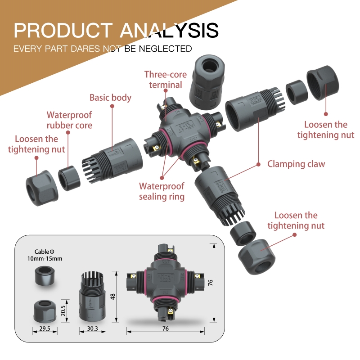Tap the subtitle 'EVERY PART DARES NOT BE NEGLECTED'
click(103, 49)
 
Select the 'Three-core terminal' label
click(163, 79)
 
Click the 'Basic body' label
click(110, 97)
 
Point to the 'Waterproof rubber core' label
click(69, 120)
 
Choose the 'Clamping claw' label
click(296, 164)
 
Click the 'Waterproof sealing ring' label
click(162, 191)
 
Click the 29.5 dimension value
click(45, 329)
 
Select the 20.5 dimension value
click(63, 310)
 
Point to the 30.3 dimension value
click(92, 329)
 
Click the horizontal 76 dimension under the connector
click(165, 329)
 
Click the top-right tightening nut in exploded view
click(323, 84)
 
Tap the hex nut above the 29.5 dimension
click(45, 310)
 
